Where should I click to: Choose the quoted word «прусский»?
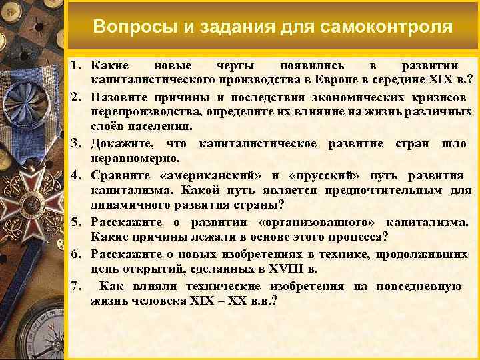tap(323, 175)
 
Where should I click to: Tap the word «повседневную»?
tap(419, 286)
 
